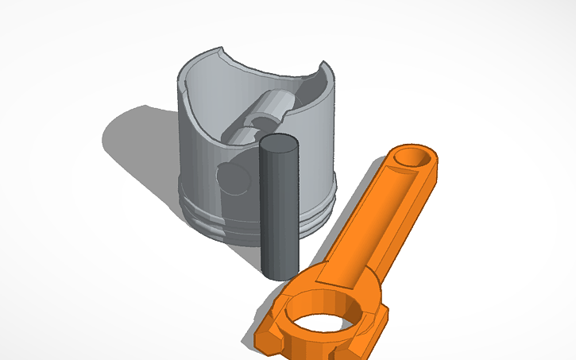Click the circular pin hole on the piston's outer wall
235,179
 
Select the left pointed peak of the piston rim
218,52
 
